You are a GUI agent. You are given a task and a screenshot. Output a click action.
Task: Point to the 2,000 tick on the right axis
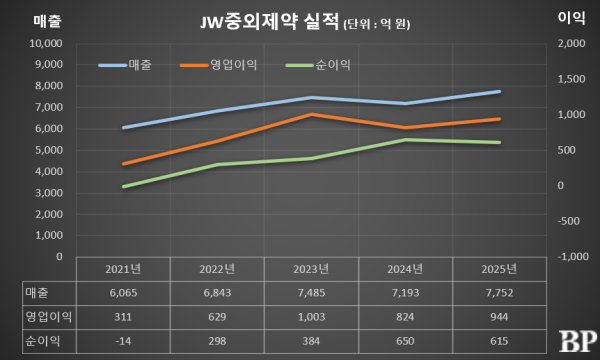tap(569, 44)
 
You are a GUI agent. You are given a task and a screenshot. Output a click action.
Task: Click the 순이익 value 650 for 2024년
tap(404, 341)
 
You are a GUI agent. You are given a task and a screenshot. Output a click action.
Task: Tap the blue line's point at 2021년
tap(123, 128)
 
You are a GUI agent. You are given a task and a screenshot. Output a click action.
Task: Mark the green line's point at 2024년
tap(404, 140)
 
